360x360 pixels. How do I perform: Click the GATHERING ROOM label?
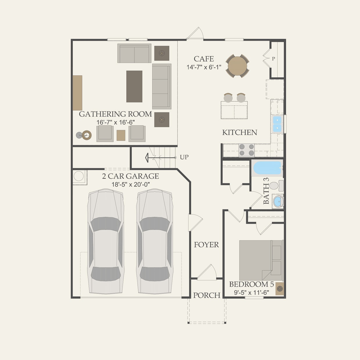click(115, 114)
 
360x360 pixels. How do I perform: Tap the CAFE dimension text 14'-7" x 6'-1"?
click(204, 67)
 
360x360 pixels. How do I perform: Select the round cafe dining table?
click(237, 66)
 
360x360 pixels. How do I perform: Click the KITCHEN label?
click(240, 132)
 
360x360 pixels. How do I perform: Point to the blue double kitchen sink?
click(277, 124)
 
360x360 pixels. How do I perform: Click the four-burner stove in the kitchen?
click(246, 150)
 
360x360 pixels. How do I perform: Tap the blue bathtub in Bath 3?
click(267, 168)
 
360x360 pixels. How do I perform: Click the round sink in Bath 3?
click(278, 201)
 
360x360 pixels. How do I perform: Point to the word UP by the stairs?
click(184, 157)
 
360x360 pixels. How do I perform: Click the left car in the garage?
click(106, 242)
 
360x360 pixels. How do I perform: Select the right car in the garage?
click(155, 242)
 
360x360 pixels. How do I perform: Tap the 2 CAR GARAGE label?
click(130, 176)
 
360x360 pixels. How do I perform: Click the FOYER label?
click(206, 245)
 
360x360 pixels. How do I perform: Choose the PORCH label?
click(207, 295)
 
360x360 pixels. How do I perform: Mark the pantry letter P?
click(273, 59)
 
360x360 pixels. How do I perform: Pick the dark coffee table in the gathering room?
click(134, 86)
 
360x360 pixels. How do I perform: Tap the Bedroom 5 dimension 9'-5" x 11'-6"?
click(251, 292)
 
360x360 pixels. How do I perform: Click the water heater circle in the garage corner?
click(78, 176)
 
